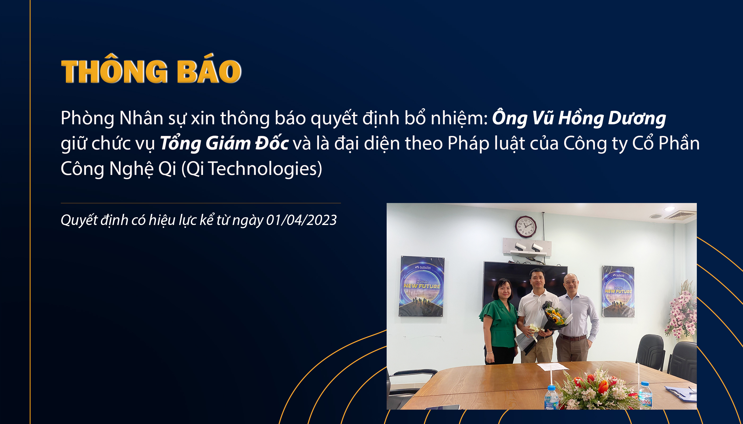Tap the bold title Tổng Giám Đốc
pyautogui.click(x=224, y=143)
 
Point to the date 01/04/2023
pyautogui.click(x=301, y=220)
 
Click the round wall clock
pyautogui.click(x=525, y=226)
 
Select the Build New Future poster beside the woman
pyautogui.click(x=422, y=286)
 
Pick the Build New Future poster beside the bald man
pyautogui.click(x=619, y=291)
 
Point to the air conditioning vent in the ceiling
pyautogui.click(x=681, y=215)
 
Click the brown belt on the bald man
pyautogui.click(x=572, y=338)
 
